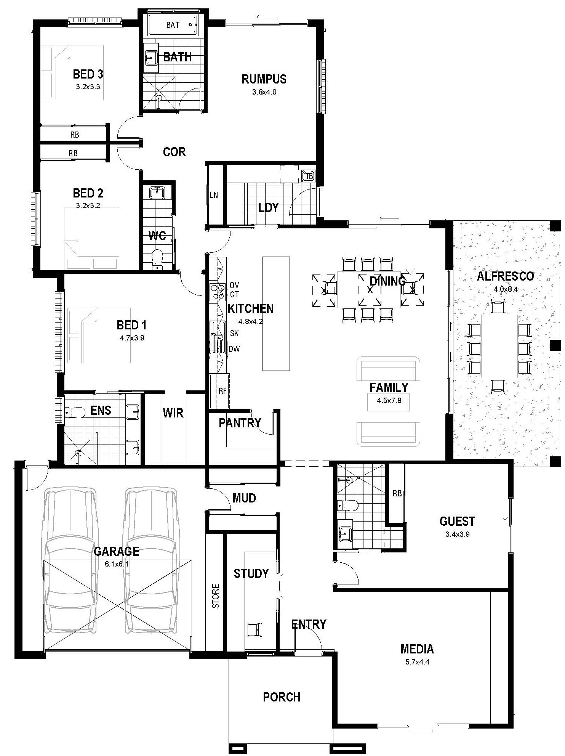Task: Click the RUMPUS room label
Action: pos(264,79)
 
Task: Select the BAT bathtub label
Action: pos(173,25)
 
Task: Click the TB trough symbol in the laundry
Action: pos(309,176)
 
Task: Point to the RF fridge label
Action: pos(222,391)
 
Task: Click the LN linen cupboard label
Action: pos(214,195)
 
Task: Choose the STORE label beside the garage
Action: pos(216,596)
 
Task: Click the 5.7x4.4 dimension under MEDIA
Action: pos(417,662)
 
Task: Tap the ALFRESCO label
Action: pos(505,276)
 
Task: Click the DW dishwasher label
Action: pos(234,349)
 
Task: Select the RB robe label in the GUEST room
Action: pos(397,493)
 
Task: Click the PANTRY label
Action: pos(240,423)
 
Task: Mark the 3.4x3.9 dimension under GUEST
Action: pos(457,534)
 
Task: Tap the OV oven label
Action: pos(234,286)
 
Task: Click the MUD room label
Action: pos(244,498)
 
